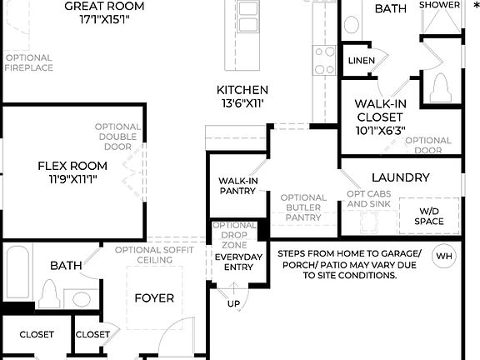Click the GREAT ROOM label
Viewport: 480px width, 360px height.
[x=104, y=7]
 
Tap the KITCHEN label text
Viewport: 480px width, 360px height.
[x=242, y=90]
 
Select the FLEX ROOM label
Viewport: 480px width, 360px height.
[x=72, y=166]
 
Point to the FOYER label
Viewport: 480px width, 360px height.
[x=154, y=297]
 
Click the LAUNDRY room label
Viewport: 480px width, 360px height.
[x=400, y=177]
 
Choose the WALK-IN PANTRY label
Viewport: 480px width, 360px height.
[x=237, y=185]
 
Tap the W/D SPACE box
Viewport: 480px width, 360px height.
[x=428, y=215]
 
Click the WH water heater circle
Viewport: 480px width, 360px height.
[x=443, y=256]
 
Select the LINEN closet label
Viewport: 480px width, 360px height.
[x=361, y=60]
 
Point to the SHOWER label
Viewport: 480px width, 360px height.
[x=439, y=5]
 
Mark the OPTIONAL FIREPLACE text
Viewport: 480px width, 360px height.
[x=28, y=63]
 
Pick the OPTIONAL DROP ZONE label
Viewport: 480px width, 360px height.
[x=234, y=236]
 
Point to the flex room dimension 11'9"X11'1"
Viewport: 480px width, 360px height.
[x=72, y=179]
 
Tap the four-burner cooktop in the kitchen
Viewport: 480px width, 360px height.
[x=323, y=60]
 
